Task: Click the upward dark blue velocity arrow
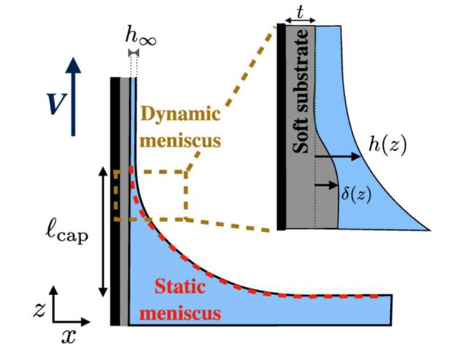pyautogui.click(x=74, y=95)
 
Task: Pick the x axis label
pyautogui.click(x=68, y=336)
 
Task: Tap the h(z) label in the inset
pyautogui.click(x=387, y=146)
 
